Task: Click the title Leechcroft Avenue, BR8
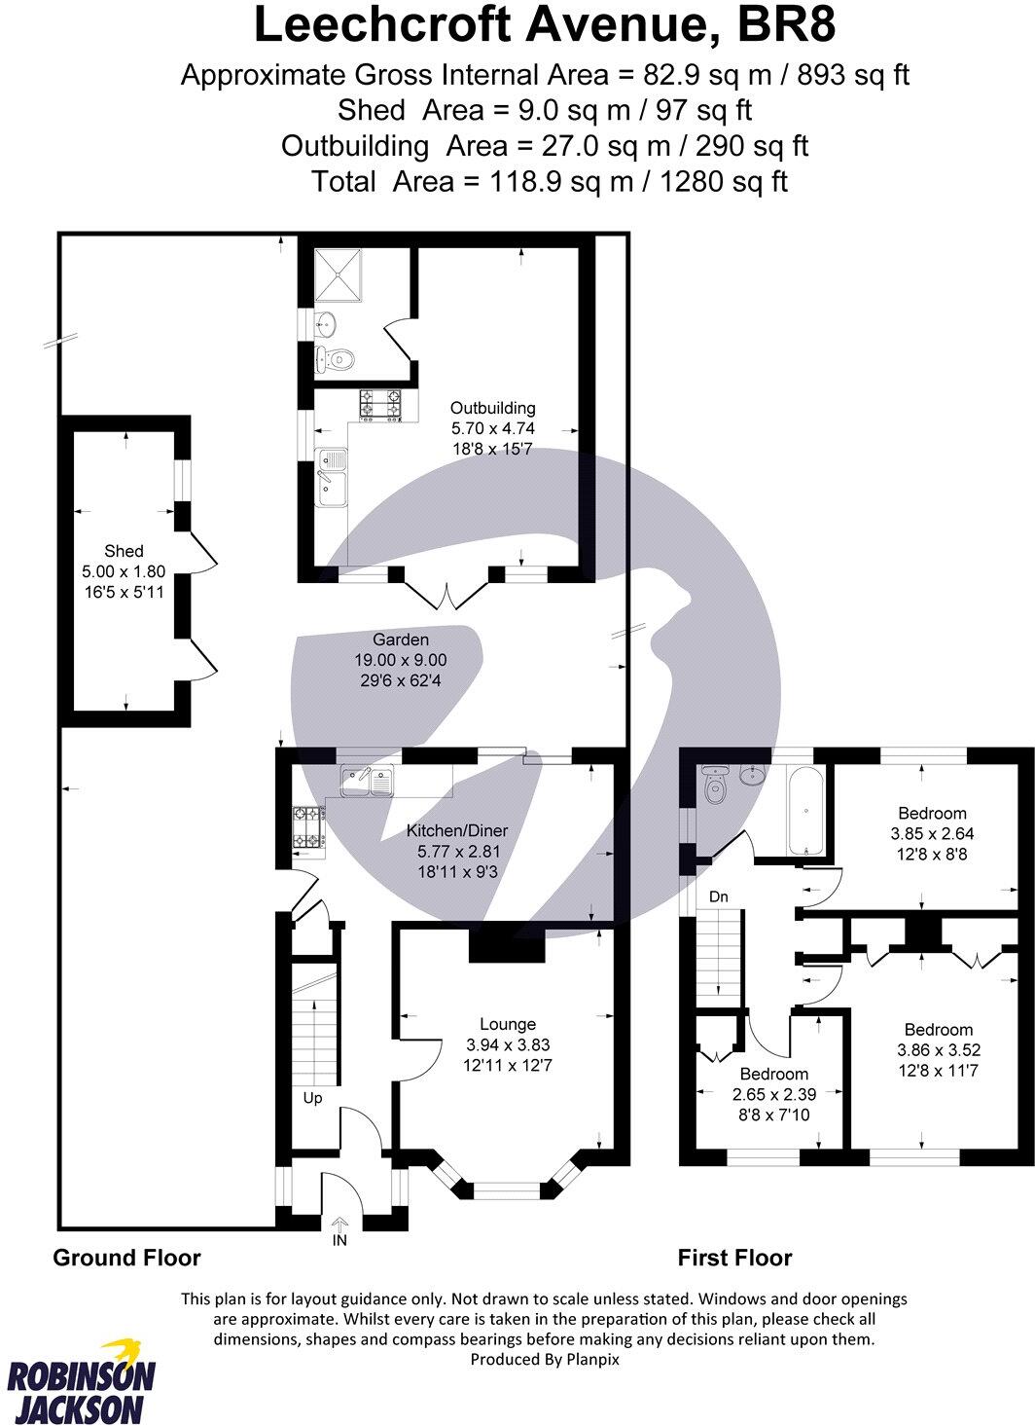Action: (545, 26)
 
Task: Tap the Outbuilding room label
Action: (492, 409)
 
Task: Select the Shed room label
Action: (125, 551)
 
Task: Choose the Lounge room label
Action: (508, 1024)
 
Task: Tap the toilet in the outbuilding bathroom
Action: (335, 360)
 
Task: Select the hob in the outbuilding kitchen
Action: (381, 406)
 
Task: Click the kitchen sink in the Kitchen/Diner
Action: (367, 780)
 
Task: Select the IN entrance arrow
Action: (339, 1227)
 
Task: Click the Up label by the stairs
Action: (312, 1098)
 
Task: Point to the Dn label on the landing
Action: (719, 896)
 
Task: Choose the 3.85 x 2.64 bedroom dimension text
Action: (932, 834)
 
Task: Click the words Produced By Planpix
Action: (544, 1360)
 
